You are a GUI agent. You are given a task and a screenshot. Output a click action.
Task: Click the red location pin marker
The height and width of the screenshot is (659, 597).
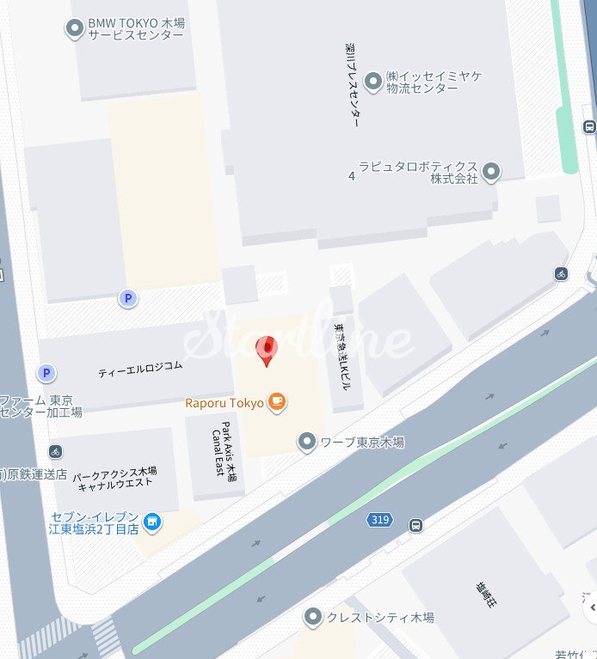click(x=268, y=350)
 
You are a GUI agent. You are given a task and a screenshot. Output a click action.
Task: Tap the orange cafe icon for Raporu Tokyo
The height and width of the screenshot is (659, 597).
click(x=276, y=401)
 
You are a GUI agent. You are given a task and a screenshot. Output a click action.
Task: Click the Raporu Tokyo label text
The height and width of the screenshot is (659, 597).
click(x=224, y=402)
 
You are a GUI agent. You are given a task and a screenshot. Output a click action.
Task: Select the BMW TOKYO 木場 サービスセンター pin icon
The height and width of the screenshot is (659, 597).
click(x=75, y=28)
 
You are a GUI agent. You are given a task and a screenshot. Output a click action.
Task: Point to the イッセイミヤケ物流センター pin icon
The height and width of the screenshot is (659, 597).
click(x=373, y=82)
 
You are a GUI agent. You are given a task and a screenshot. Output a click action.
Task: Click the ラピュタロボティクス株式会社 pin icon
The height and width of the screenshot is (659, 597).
click(x=491, y=172)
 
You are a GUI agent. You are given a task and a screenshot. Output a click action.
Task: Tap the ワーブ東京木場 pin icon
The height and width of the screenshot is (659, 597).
click(x=306, y=442)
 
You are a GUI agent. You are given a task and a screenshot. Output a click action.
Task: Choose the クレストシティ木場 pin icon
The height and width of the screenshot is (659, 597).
click(x=313, y=617)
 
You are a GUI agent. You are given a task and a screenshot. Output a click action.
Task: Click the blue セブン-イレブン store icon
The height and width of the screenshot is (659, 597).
click(x=152, y=522)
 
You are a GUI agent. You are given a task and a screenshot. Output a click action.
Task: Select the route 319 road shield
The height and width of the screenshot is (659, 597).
click(x=378, y=520)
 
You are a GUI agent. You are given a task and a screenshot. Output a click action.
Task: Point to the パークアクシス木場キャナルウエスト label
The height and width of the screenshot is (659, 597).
click(x=114, y=477)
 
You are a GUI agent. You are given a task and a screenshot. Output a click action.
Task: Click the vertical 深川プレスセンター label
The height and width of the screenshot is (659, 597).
click(x=351, y=85)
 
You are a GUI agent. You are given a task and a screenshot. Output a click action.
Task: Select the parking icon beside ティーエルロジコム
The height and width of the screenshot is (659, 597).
click(x=46, y=373)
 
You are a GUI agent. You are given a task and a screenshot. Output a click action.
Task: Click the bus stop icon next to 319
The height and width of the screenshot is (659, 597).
click(x=416, y=525)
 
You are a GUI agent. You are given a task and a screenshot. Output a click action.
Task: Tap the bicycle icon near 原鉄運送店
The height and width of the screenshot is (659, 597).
click(x=55, y=451)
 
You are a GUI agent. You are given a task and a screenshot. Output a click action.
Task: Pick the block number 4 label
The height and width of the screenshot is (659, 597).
click(x=351, y=176)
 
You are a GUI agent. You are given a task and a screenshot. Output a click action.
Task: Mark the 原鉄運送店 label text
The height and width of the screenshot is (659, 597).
click(x=34, y=473)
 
